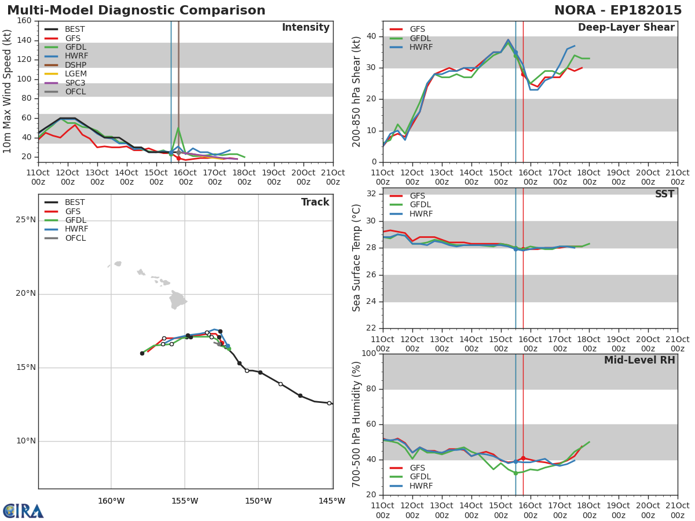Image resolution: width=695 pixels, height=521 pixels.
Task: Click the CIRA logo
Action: coord(23,511)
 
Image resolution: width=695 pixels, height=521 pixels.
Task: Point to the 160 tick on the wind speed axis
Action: coord(24,21)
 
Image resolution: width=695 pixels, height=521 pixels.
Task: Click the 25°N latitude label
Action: coord(25,220)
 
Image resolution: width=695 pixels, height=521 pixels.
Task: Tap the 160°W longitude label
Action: coord(111,501)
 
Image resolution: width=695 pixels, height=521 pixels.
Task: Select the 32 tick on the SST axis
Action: coord(371,193)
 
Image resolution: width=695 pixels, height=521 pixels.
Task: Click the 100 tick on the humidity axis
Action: coord(368,353)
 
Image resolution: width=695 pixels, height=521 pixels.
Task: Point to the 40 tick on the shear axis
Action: coord(371,36)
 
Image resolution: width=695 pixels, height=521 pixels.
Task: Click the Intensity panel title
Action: coord(306,28)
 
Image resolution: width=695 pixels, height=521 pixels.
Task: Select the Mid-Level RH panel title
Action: coord(639,360)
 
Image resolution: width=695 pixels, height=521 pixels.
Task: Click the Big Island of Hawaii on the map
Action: coord(178,299)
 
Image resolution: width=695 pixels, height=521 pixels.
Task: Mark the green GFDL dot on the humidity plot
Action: coord(515,473)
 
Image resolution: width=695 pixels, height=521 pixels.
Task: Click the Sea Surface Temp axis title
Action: coord(356,258)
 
